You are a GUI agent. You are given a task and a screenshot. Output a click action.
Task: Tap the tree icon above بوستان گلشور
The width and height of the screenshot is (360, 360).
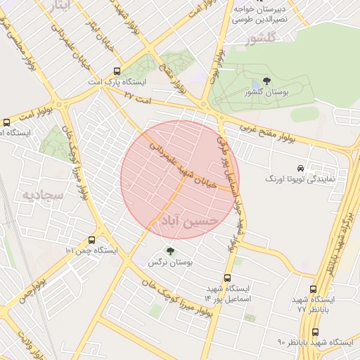coord(266,82)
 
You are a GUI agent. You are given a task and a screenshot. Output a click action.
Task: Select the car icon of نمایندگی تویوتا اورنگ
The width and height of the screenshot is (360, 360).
coord(300,168)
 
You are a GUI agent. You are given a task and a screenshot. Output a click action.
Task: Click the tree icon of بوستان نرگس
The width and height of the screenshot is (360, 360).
coord(169,250)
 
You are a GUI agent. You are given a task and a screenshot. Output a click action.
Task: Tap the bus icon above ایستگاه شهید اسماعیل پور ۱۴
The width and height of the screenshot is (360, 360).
coord(227,278)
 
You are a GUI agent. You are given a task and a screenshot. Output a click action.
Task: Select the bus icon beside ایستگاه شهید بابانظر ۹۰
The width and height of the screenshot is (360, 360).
coord(314,331)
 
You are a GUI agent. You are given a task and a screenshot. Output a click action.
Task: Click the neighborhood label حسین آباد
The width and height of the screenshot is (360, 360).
coord(186,222)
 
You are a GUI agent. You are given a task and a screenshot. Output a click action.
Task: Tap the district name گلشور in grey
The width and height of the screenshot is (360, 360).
coord(258,39)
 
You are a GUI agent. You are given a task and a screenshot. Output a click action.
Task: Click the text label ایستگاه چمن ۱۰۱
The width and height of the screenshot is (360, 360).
coord(91,250)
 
